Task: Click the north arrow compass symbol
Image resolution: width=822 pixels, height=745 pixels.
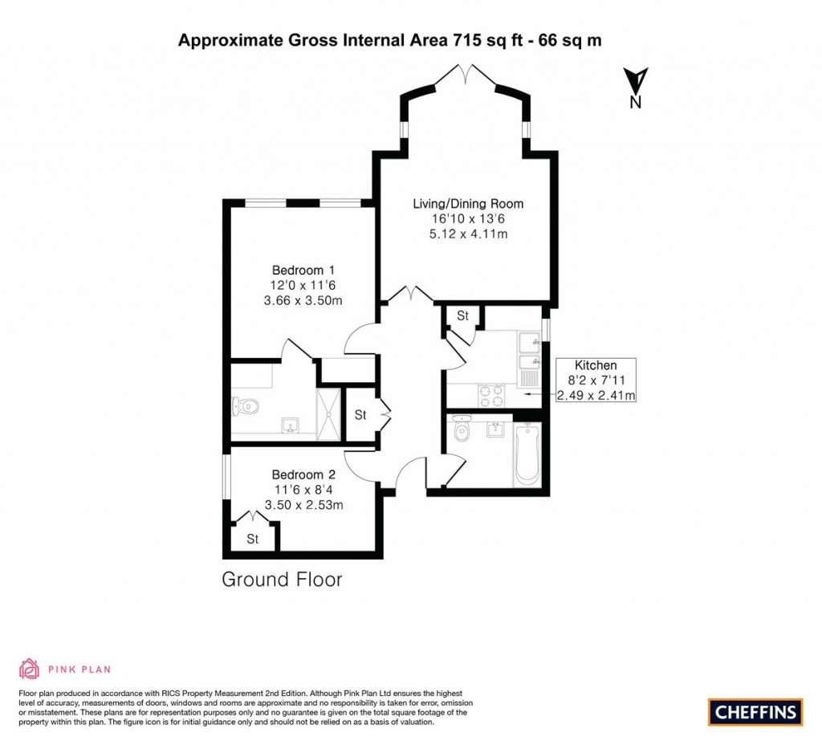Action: (636, 82)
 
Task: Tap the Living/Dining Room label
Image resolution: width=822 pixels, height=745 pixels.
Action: (469, 203)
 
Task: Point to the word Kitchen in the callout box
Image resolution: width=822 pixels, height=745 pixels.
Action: (596, 365)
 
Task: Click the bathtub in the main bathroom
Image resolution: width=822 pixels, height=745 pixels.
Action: (527, 455)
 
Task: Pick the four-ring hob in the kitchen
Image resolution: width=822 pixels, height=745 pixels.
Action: (491, 396)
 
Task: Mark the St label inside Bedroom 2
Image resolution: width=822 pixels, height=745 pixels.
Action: (252, 539)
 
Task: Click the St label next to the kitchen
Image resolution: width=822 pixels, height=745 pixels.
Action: (462, 316)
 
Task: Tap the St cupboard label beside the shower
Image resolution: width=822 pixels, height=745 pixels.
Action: (360, 415)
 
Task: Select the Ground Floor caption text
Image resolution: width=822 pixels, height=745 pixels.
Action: (282, 580)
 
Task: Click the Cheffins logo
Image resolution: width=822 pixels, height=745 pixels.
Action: (755, 711)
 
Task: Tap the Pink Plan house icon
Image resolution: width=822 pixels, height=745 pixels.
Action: (29, 669)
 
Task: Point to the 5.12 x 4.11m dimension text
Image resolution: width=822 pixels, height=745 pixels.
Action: (469, 234)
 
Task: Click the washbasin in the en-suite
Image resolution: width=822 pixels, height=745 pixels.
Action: (289, 424)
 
